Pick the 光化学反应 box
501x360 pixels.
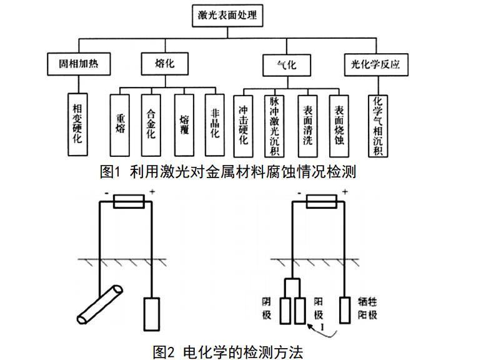point(375,63)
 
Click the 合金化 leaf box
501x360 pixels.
point(151,125)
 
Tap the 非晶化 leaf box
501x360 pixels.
point(216,125)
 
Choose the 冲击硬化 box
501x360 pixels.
point(244,125)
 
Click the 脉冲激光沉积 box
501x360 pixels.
point(274,125)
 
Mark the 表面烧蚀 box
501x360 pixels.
point(339,125)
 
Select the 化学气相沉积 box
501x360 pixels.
point(378,125)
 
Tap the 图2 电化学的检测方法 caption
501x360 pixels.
point(227,351)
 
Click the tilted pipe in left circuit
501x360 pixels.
point(99,303)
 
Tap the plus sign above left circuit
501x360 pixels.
point(152,194)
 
